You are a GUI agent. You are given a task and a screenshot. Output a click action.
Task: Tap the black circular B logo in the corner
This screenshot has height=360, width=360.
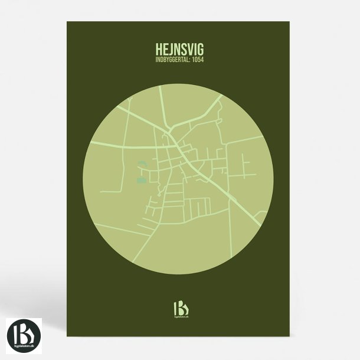coord(24,335)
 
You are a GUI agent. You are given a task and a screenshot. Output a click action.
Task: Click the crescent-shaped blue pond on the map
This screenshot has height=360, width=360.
coord(141,166)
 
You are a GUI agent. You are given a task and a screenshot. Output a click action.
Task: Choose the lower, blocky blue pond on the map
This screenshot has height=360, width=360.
coord(140,179)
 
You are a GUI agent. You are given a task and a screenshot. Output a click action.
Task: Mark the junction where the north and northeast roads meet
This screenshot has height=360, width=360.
coord(171,128)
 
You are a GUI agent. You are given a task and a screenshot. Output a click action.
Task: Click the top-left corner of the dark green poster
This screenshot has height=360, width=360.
coord(67,22)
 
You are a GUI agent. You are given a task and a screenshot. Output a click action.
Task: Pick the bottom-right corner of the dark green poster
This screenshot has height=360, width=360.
coord(293,335)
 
